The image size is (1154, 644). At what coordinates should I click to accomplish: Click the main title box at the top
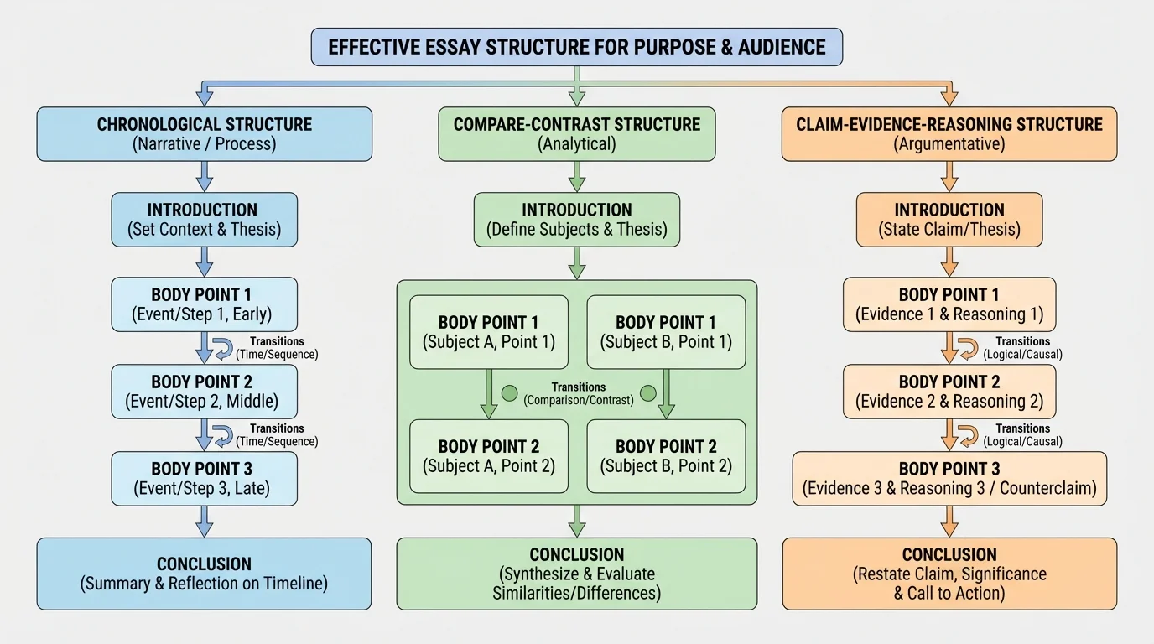[577, 47]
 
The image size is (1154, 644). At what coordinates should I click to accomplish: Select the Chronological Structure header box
[204, 133]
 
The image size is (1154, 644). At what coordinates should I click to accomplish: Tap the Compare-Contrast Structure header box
[577, 133]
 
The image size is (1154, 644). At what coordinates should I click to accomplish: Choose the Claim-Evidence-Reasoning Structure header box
[949, 133]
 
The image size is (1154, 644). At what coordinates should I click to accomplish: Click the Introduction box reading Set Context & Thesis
[204, 219]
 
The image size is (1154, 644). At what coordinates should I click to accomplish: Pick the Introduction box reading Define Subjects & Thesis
[577, 219]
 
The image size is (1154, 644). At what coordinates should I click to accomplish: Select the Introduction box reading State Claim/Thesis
[949, 219]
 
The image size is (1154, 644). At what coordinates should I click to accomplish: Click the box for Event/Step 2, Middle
[204, 391]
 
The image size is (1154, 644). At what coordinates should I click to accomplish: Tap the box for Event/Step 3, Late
[204, 478]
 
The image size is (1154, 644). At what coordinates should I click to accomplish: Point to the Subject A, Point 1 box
[489, 332]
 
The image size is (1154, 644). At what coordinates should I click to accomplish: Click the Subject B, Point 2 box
[666, 456]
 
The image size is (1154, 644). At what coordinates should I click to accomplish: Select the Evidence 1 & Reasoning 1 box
[949, 304]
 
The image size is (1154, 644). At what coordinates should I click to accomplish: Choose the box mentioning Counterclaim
[949, 478]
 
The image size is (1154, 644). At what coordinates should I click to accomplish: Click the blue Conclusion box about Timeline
[204, 574]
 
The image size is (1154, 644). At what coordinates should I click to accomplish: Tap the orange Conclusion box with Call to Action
[949, 574]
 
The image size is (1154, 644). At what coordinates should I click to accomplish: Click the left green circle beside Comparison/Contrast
[509, 393]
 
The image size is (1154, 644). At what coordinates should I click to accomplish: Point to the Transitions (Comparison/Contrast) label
[579, 393]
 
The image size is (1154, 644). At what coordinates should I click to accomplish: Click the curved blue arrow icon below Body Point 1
[223, 347]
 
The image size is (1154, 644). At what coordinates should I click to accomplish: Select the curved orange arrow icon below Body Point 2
[968, 434]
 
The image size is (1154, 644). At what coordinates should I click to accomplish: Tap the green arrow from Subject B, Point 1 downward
[666, 394]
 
